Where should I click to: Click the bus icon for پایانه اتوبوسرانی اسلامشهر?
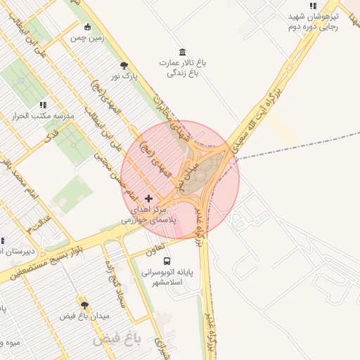click(x=167, y=262)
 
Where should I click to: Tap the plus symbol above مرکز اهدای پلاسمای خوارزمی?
click(x=148, y=199)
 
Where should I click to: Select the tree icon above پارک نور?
click(x=124, y=65)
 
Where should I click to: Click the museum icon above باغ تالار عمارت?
click(x=183, y=52)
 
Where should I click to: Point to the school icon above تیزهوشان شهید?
click(x=313, y=6)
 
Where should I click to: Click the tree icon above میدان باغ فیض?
click(x=84, y=305)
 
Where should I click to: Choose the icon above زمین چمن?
click(x=87, y=27)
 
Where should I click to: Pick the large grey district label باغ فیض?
click(x=117, y=340)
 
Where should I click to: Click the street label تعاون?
click(x=156, y=248)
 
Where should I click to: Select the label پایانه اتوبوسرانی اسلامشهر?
click(x=162, y=276)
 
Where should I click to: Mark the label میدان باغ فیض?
click(x=84, y=316)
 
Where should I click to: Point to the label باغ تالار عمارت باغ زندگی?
click(x=184, y=67)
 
